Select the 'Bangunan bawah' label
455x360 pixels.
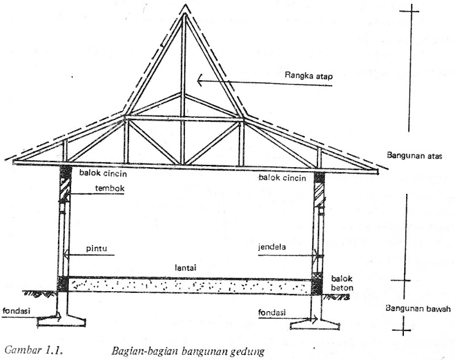418,309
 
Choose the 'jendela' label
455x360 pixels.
274,249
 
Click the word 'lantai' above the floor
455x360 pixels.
188,266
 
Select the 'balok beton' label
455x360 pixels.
341,284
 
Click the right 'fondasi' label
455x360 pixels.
272,312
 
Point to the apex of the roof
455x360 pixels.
184,7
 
